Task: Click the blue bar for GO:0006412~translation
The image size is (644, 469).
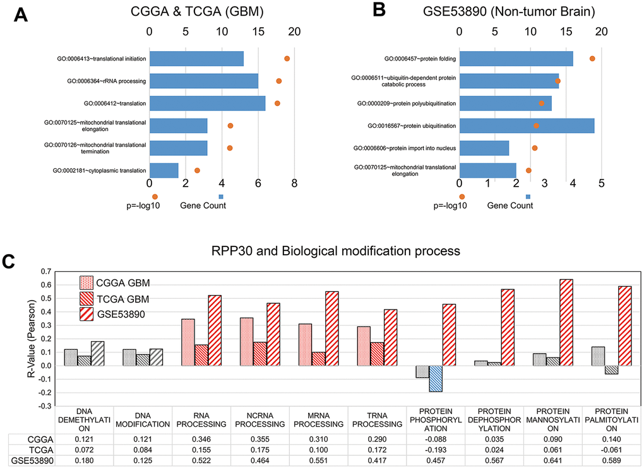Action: tap(207, 103)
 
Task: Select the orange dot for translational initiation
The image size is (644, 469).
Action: tap(287, 59)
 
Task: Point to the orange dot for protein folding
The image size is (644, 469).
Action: tap(592, 59)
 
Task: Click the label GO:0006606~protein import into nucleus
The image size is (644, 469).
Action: tap(403, 148)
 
